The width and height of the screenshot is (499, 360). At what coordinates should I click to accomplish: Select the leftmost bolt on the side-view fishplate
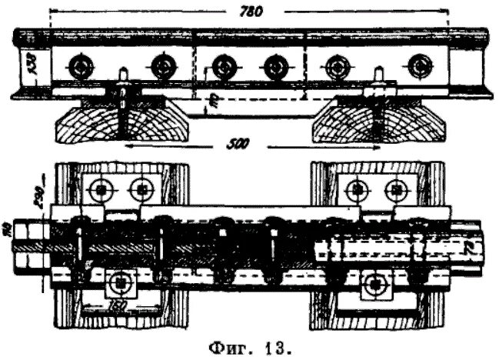79,67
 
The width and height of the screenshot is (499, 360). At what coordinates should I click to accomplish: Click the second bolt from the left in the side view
161,67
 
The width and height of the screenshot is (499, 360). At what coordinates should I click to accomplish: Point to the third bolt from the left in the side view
223,67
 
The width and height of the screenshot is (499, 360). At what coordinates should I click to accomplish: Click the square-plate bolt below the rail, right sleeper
374,285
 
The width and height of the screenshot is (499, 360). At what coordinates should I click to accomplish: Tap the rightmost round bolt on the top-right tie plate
396,187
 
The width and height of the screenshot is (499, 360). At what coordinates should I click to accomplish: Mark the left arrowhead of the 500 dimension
127,145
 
